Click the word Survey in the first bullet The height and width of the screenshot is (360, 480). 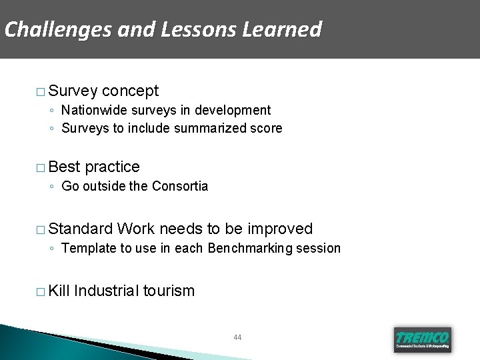tap(73, 91)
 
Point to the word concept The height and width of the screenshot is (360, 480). tap(131, 91)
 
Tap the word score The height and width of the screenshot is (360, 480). tap(265, 128)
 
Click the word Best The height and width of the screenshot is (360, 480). tap(65, 167)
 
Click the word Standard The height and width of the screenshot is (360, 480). tap(80, 229)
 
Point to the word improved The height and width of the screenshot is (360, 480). tap(279, 229)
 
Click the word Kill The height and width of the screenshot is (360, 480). tap(59, 291)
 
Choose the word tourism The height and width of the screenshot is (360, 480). tap(169, 291)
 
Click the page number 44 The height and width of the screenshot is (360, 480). tap(238, 337)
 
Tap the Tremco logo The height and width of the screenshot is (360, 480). tap(422, 339)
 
